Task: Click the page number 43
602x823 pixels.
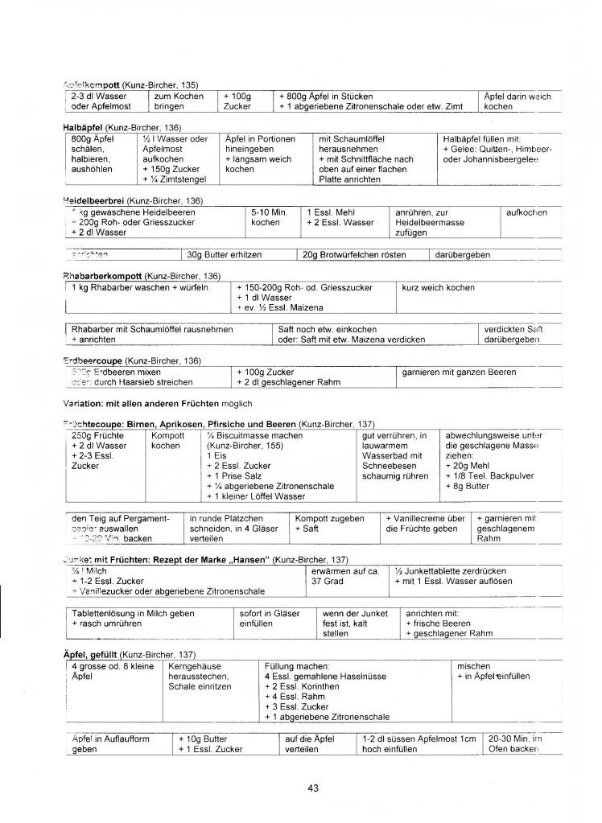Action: coord(313,788)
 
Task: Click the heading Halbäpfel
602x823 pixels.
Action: coord(83,127)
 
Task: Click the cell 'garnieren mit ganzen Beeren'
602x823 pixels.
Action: coord(459,372)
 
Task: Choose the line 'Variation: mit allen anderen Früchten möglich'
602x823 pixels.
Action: coord(158,403)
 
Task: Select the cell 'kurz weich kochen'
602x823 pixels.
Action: coord(438,287)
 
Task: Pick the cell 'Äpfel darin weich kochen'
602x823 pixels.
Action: coord(517,101)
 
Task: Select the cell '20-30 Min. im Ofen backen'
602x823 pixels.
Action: coord(516,744)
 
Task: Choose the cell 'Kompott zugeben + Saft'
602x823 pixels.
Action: coord(330,524)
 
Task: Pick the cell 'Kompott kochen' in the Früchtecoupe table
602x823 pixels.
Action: coord(167,440)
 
